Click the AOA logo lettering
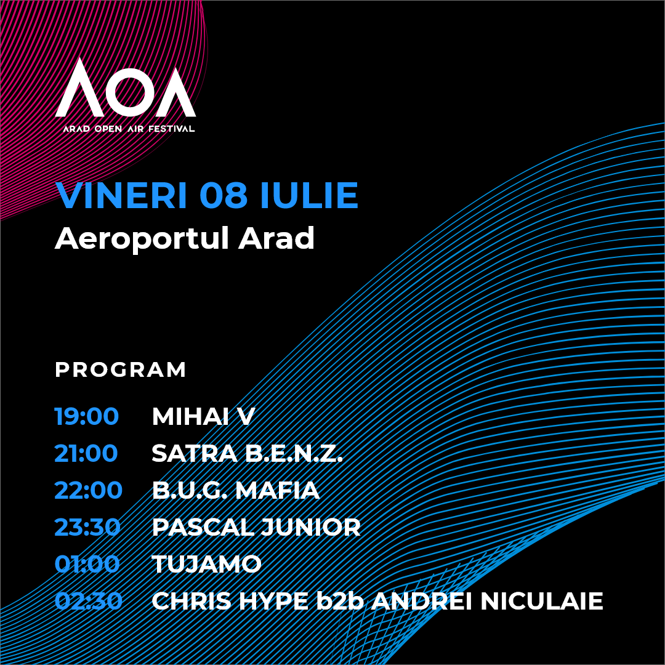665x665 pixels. tap(126, 88)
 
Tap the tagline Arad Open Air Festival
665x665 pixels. tap(129, 129)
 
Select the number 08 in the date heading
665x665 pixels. tap(224, 195)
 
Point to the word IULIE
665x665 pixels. tap(309, 195)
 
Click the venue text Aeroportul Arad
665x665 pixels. tap(185, 239)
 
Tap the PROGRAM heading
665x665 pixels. tap(121, 369)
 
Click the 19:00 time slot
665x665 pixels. tap(87, 416)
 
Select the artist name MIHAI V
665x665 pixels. tap(203, 416)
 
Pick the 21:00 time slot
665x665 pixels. tap(86, 453)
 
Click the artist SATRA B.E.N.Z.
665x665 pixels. tap(248, 453)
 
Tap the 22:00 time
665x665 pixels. tap(88, 490)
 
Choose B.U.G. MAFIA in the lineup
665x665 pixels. tap(235, 490)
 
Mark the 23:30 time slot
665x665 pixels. tap(88, 527)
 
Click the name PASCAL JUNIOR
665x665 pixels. tap(256, 527)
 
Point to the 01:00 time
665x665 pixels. tap(87, 564)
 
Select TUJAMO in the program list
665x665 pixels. tap(206, 564)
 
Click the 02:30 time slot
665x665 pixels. tap(88, 601)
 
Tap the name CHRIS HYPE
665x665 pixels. tap(230, 601)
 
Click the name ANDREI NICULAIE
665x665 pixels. tap(488, 601)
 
